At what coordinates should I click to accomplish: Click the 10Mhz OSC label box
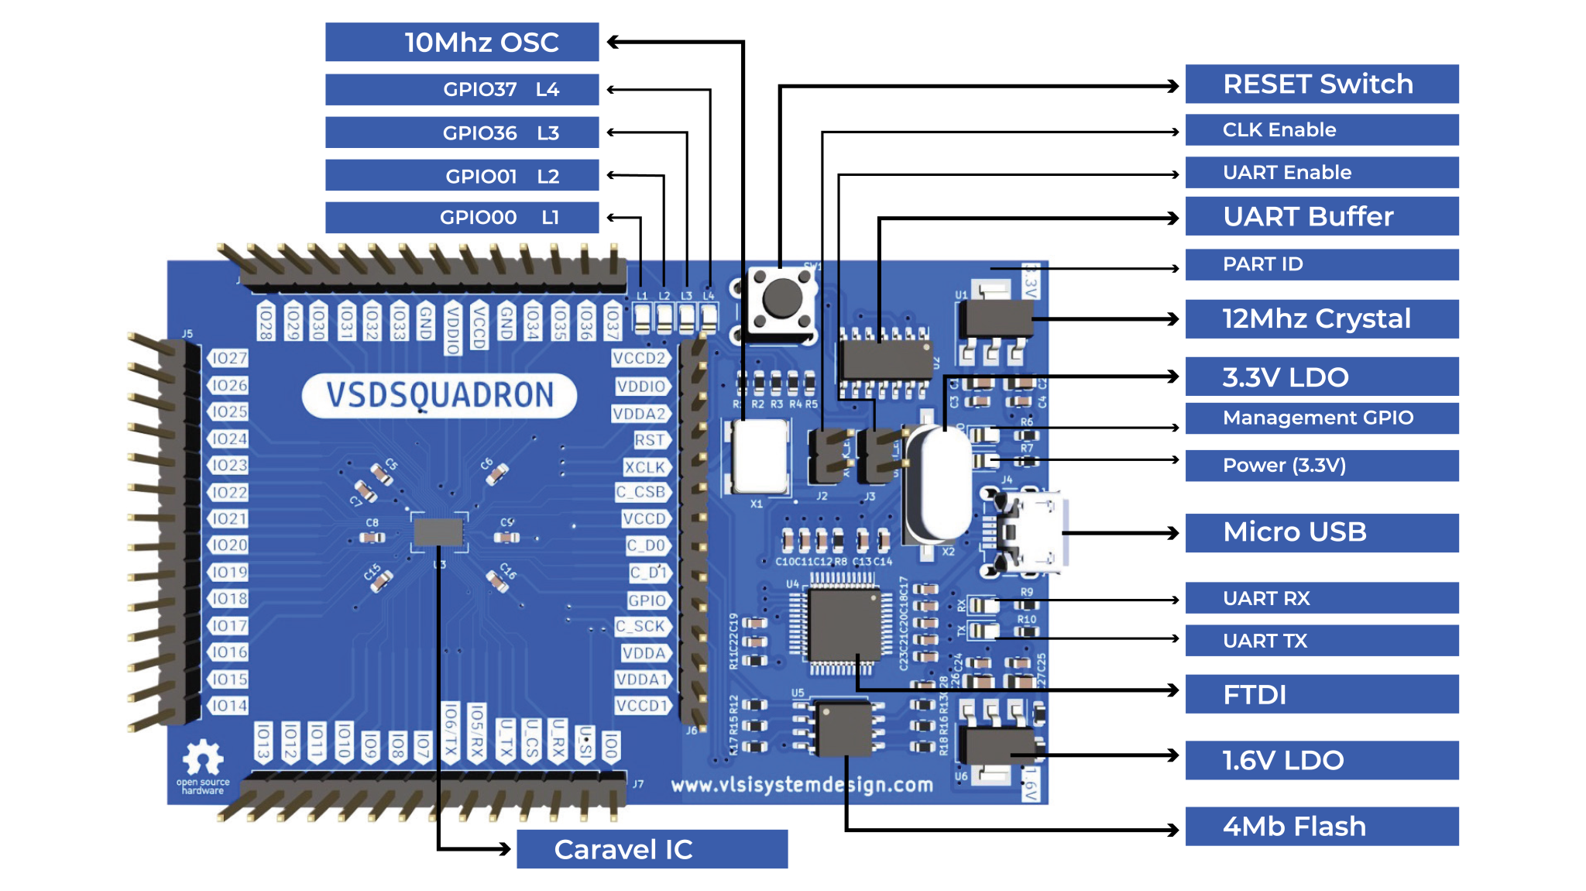(x=462, y=42)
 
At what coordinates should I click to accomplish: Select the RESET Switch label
(x=1321, y=84)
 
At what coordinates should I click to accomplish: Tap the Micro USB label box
(x=1321, y=532)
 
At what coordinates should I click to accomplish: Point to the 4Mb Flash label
(x=1321, y=826)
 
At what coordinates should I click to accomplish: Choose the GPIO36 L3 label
(x=462, y=132)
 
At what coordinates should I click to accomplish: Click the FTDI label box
(x=1321, y=694)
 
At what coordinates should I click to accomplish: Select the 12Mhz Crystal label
(x=1321, y=318)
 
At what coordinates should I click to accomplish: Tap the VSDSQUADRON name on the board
(x=439, y=395)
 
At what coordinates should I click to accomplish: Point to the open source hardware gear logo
(x=203, y=758)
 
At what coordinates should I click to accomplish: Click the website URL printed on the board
(x=802, y=785)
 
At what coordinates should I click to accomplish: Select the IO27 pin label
(x=229, y=358)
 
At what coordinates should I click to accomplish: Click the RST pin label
(x=649, y=440)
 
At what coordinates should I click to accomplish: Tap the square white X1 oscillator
(x=759, y=456)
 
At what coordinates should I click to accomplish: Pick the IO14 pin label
(x=229, y=706)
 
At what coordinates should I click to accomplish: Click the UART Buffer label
(x=1321, y=216)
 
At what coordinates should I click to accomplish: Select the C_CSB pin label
(x=641, y=492)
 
